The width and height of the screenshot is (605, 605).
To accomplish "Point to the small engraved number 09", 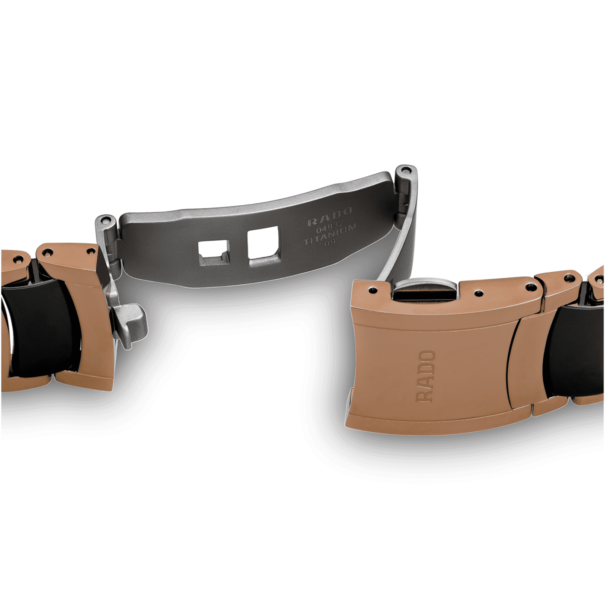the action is (x=331, y=242).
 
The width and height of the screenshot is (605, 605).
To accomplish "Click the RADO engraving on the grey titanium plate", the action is (x=330, y=217).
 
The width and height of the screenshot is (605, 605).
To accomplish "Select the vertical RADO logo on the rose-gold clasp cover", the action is (x=426, y=376).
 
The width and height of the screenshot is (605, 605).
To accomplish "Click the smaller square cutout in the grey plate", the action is (x=213, y=253).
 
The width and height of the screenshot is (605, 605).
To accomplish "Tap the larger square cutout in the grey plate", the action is (x=264, y=243).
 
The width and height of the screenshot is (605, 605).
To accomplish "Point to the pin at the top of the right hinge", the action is (x=407, y=170).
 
